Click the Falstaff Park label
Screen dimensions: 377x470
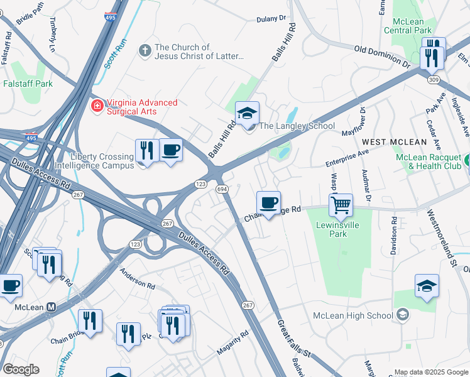(28, 84)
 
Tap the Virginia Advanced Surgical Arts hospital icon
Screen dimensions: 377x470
(97, 104)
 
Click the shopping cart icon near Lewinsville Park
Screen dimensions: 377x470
(341, 204)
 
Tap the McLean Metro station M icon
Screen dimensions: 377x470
(52, 307)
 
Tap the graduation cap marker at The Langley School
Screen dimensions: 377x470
(247, 113)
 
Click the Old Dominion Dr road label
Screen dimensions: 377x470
(382, 56)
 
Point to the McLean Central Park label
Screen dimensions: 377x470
(408, 26)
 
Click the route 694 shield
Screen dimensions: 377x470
(222, 188)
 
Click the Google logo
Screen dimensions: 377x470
(21, 369)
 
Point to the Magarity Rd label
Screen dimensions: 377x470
(232, 347)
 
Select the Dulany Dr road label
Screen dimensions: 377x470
(271, 19)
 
